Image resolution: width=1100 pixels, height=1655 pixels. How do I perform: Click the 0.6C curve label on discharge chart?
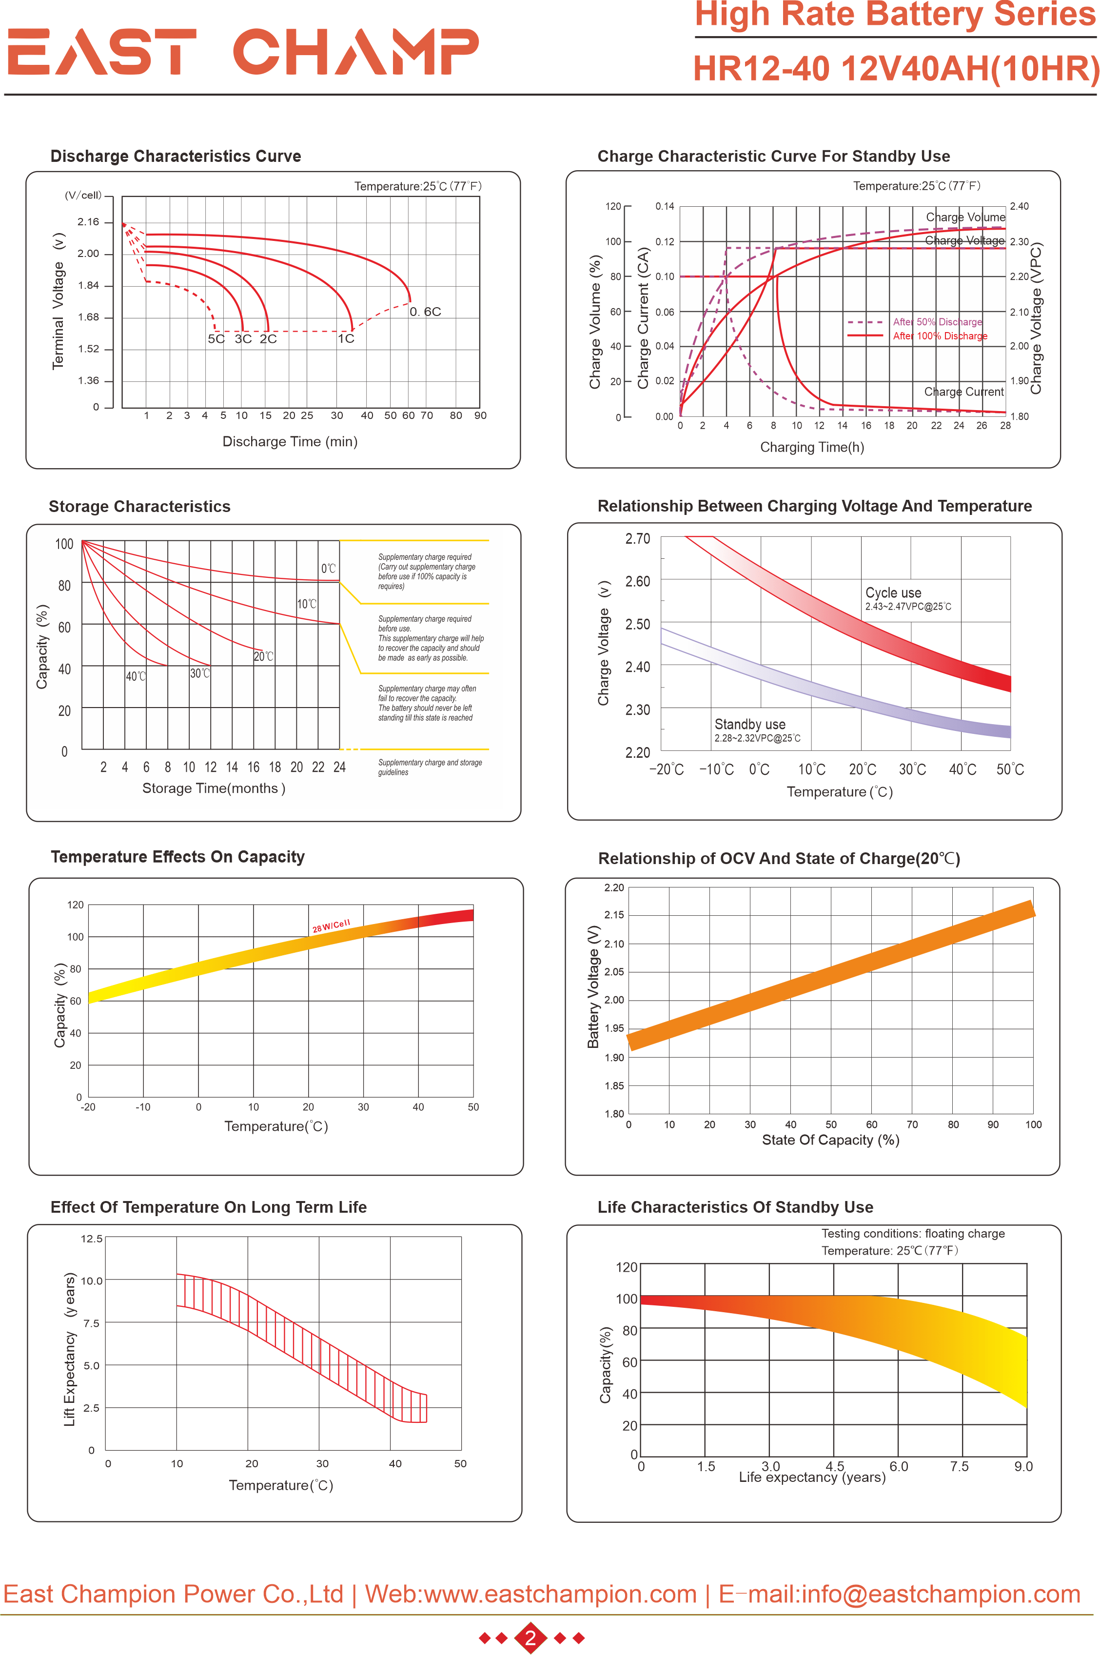click(425, 312)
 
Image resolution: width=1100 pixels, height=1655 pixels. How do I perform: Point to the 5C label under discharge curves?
click(216, 339)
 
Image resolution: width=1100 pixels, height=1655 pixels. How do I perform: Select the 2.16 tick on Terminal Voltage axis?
click(88, 222)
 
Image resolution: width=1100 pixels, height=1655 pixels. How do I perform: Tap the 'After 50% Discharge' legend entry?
click(937, 322)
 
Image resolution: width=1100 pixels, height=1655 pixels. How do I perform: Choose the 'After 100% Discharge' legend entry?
click(940, 336)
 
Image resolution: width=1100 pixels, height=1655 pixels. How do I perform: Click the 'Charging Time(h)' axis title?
click(812, 447)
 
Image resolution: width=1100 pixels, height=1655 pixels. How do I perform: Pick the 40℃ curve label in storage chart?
click(136, 676)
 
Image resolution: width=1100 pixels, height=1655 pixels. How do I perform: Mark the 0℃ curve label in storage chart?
click(328, 568)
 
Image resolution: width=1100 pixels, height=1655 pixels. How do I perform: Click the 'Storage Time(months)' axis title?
click(213, 788)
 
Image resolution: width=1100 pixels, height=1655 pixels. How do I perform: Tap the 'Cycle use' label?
click(893, 593)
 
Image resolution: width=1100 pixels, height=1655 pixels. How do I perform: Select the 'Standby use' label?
click(749, 724)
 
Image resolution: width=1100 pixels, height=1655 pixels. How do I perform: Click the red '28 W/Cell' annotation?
click(331, 926)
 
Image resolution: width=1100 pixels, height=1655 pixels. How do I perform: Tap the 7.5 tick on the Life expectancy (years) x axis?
click(959, 1466)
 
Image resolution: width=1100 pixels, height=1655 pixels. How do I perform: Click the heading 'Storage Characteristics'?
click(139, 507)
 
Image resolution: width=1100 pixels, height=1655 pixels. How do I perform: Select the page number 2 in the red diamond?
click(530, 1637)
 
